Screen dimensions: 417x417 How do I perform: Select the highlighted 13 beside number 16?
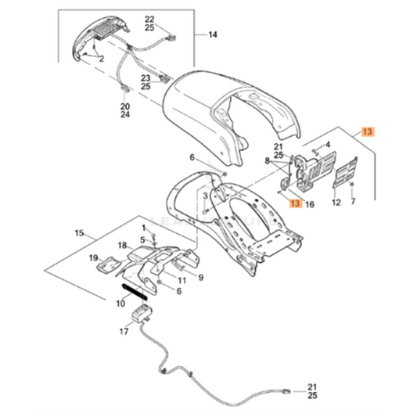pyautogui.click(x=294, y=204)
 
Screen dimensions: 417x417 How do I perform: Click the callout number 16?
pyautogui.click(x=310, y=204)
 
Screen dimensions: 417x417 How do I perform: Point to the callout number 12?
pyautogui.click(x=337, y=203)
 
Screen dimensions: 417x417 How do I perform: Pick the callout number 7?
pyautogui.click(x=353, y=203)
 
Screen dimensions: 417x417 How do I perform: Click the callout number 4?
pyautogui.click(x=329, y=144)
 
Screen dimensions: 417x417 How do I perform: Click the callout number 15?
pyautogui.click(x=79, y=233)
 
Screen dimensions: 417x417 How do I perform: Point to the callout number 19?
pyautogui.click(x=92, y=257)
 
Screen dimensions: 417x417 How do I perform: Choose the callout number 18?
pyautogui.click(x=122, y=246)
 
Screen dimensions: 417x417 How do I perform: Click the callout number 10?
pyautogui.click(x=120, y=303)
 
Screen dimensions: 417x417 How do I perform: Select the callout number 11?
pyautogui.click(x=181, y=279)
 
